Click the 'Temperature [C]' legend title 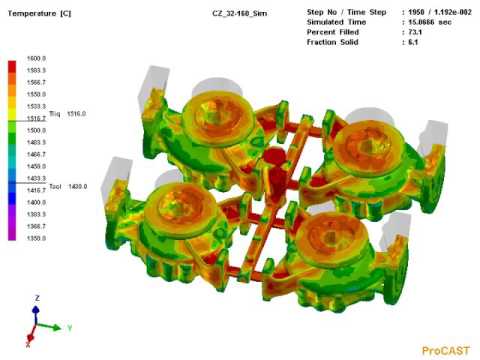coord(37,12)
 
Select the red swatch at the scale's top coord(11,64)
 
